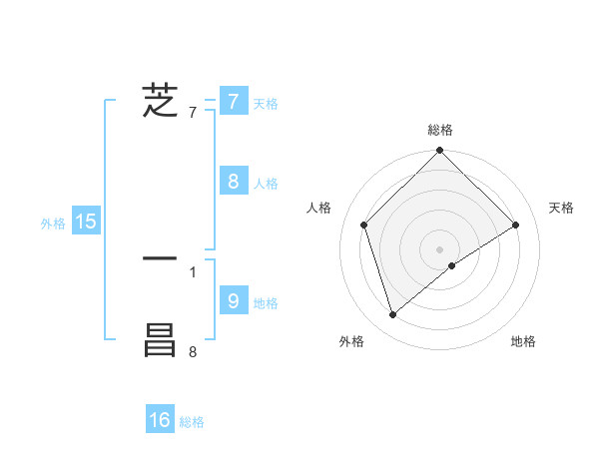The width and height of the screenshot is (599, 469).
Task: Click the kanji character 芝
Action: (x=161, y=102)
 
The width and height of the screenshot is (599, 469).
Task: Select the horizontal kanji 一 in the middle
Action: (x=161, y=259)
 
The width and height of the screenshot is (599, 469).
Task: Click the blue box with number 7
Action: (x=233, y=101)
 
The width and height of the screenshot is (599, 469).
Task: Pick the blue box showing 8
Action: (x=233, y=181)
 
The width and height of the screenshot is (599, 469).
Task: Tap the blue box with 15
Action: (x=86, y=222)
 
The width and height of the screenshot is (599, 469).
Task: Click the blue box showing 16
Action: (x=161, y=420)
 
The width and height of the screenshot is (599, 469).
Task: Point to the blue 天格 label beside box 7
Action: (x=266, y=104)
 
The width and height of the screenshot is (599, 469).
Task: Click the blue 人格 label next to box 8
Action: (x=266, y=184)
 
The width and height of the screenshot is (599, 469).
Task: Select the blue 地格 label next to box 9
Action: (x=266, y=302)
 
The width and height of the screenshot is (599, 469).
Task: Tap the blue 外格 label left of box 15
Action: (x=53, y=225)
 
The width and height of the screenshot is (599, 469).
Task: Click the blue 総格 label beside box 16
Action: (x=192, y=423)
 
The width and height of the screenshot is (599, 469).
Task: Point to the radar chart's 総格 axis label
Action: (x=440, y=130)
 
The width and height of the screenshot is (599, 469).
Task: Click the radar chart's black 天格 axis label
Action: (x=562, y=208)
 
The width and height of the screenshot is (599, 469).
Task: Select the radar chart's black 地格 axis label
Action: (x=523, y=342)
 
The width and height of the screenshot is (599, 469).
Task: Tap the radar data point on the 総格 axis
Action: (x=440, y=152)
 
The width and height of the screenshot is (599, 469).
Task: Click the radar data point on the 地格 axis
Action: (x=452, y=265)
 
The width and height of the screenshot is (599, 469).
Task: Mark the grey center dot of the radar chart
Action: (x=440, y=248)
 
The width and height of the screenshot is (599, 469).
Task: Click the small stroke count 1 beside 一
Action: (x=193, y=271)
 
